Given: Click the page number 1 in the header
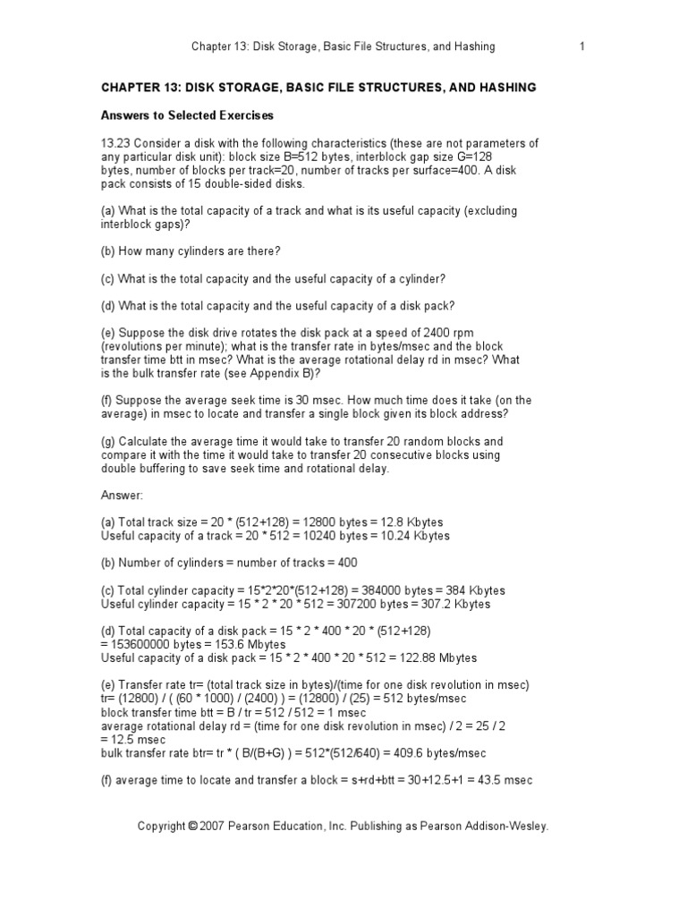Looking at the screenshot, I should click(x=581, y=47).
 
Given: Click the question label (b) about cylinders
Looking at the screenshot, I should click(x=108, y=251).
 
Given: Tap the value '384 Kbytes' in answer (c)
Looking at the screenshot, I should click(x=474, y=590).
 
